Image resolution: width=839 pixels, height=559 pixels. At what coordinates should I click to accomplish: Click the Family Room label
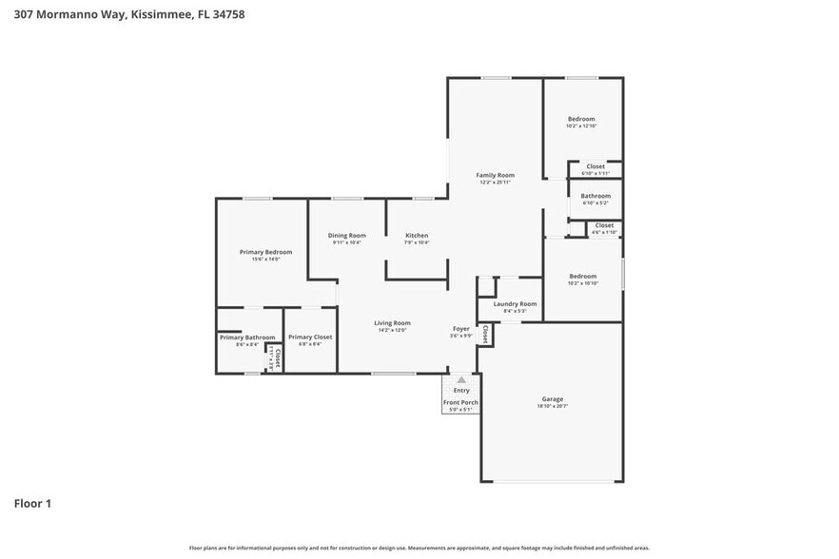[495, 175]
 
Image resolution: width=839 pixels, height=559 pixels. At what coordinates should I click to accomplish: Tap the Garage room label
[553, 398]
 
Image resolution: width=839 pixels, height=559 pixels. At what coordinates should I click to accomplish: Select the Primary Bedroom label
[265, 252]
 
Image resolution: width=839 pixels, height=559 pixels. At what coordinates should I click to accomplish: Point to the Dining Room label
[347, 235]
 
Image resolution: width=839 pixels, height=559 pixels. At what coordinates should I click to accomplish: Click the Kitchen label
[417, 235]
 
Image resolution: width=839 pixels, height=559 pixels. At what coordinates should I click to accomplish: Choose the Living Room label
[391, 323]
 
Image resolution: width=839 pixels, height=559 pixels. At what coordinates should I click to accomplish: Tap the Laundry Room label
[515, 304]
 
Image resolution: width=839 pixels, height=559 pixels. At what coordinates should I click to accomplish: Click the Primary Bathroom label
[247, 337]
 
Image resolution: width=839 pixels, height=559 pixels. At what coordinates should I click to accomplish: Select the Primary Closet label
[310, 337]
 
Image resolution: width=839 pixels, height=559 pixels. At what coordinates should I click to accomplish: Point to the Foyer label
[460, 329]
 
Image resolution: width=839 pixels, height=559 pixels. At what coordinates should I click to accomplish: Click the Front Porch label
[460, 402]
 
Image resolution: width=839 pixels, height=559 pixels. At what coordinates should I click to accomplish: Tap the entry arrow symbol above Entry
[461, 379]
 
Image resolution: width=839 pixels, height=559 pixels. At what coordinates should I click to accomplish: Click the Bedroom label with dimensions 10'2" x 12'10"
[581, 119]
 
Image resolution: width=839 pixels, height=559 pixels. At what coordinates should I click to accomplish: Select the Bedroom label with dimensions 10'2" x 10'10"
[582, 276]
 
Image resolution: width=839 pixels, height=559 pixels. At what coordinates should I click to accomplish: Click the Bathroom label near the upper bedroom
[595, 196]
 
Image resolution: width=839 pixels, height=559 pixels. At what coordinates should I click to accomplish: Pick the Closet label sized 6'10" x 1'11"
[595, 166]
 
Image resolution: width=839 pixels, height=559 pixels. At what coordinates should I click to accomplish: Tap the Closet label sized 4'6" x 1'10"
[604, 225]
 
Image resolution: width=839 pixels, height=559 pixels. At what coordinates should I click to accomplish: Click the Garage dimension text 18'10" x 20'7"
[553, 406]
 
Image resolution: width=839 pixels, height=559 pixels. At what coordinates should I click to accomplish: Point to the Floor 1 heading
[32, 503]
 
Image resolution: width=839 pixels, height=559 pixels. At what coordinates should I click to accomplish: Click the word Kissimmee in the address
[146, 14]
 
